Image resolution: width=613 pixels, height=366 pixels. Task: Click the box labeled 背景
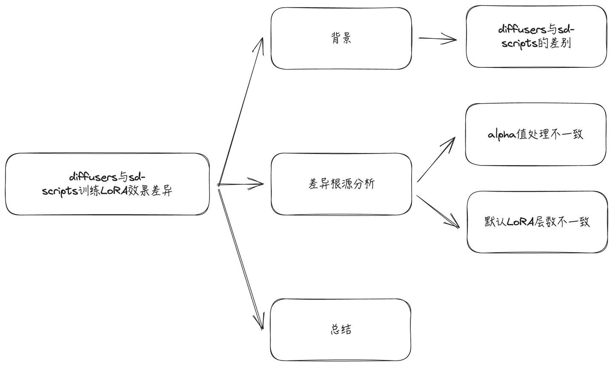tap(341, 38)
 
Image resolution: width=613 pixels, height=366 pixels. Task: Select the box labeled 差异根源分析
tap(341, 184)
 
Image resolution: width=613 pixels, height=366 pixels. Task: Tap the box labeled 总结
tap(341, 330)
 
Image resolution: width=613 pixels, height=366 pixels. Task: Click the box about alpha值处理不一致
tap(536, 134)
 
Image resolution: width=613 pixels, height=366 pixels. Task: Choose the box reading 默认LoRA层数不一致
tap(537, 222)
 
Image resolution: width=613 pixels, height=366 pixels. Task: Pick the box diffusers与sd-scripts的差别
tap(536, 37)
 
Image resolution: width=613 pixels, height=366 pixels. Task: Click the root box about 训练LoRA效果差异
tap(107, 184)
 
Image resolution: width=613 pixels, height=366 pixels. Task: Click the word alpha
tap(502, 135)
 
